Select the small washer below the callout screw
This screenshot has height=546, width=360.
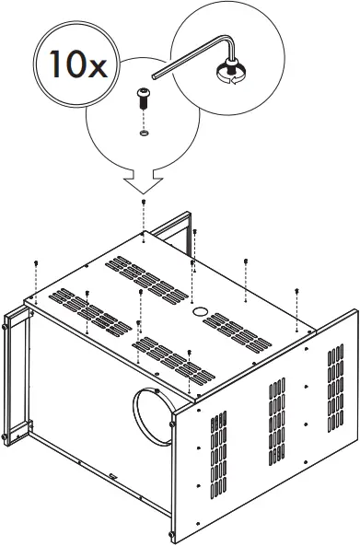point(145,133)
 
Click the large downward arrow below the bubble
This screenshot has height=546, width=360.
point(144,180)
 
